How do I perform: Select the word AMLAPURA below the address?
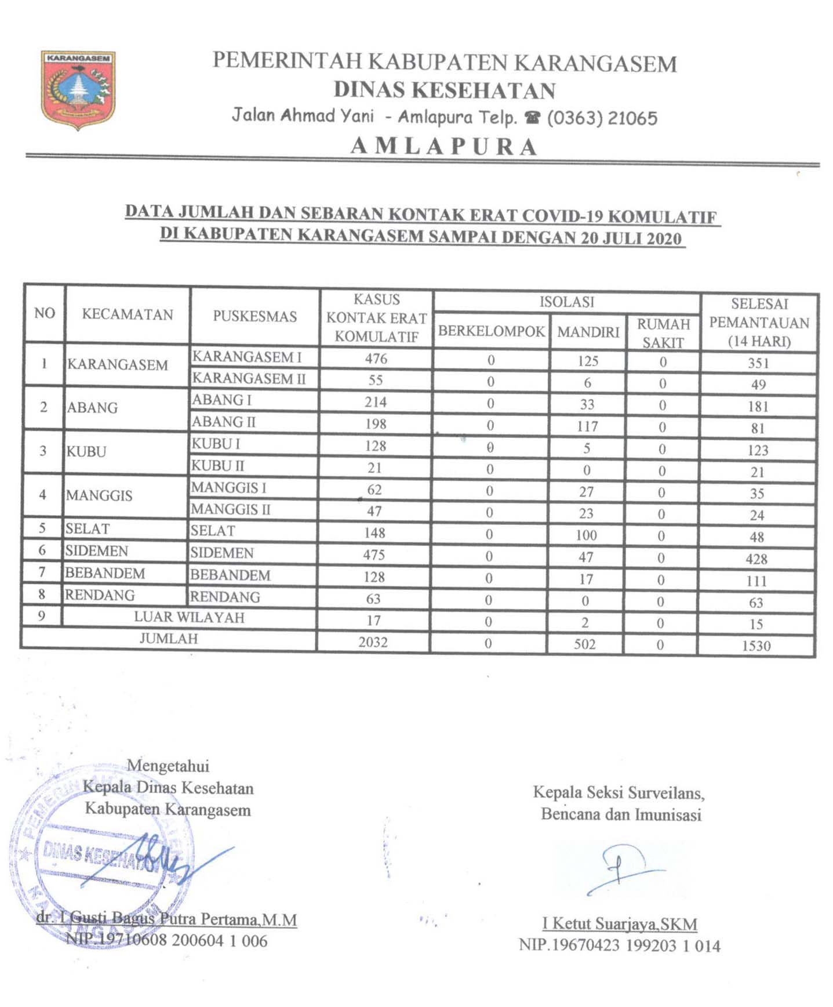pyautogui.click(x=444, y=146)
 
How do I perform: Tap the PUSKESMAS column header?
pyautogui.click(x=254, y=316)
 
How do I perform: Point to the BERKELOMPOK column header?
pyautogui.click(x=491, y=331)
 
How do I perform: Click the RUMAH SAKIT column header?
pyautogui.click(x=663, y=333)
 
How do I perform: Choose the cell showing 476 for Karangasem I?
pyautogui.click(x=376, y=358)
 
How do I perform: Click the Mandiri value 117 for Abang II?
pyautogui.click(x=587, y=426)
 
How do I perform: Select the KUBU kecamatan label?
pyautogui.click(x=86, y=451)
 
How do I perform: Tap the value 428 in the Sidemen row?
pyautogui.click(x=756, y=559)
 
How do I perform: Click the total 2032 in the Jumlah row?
pyautogui.click(x=373, y=642)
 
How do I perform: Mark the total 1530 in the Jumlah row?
pyautogui.click(x=756, y=646)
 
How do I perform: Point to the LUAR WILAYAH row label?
pyautogui.click(x=189, y=617)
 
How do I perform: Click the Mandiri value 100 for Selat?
pyautogui.click(x=586, y=535)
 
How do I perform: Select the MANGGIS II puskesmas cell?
pyautogui.click(x=231, y=509)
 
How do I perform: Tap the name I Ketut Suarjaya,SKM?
pyautogui.click(x=620, y=923)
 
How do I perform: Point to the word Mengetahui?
pyautogui.click(x=168, y=766)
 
